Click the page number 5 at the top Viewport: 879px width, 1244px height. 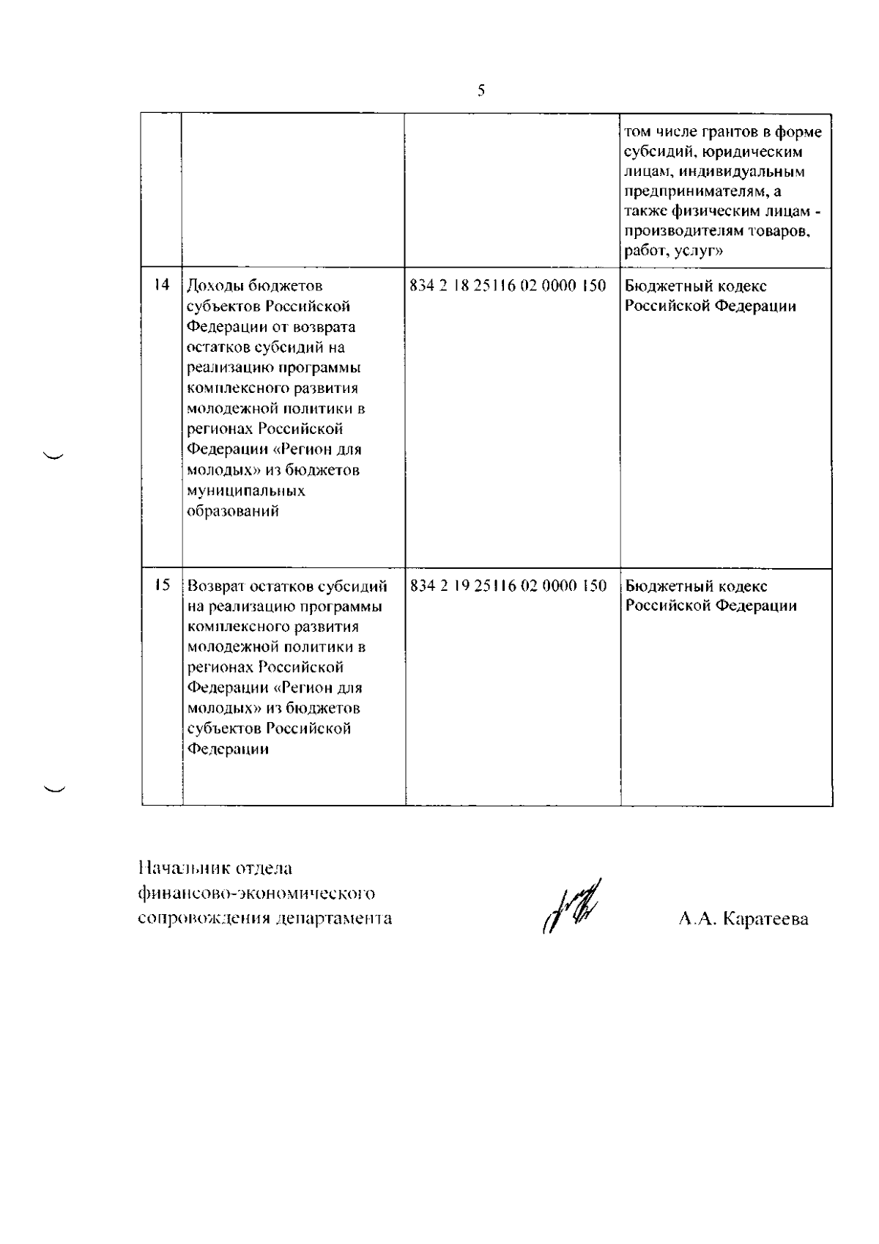[481, 91]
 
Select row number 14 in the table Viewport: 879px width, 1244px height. [162, 285]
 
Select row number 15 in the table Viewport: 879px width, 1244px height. [162, 585]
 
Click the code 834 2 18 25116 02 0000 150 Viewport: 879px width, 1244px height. [508, 286]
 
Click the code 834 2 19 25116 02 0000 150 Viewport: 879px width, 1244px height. [508, 586]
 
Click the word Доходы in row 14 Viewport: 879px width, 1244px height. [214, 286]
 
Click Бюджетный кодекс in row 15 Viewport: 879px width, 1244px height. [695, 586]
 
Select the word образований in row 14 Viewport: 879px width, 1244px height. [232, 511]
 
